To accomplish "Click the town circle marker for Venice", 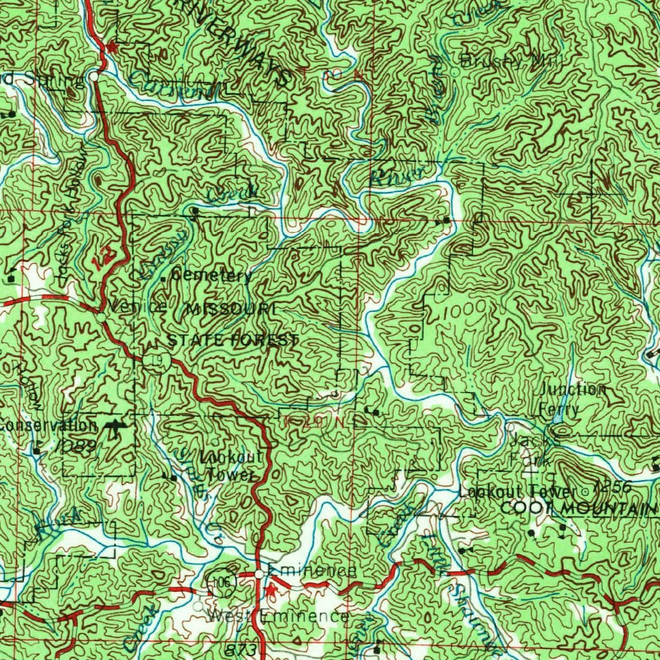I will (102, 318).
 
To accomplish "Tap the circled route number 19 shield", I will (156, 360).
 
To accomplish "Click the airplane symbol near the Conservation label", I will (115, 428).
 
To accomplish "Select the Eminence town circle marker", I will (258, 573).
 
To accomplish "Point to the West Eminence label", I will (279, 617).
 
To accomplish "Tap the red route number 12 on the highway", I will (101, 258).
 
